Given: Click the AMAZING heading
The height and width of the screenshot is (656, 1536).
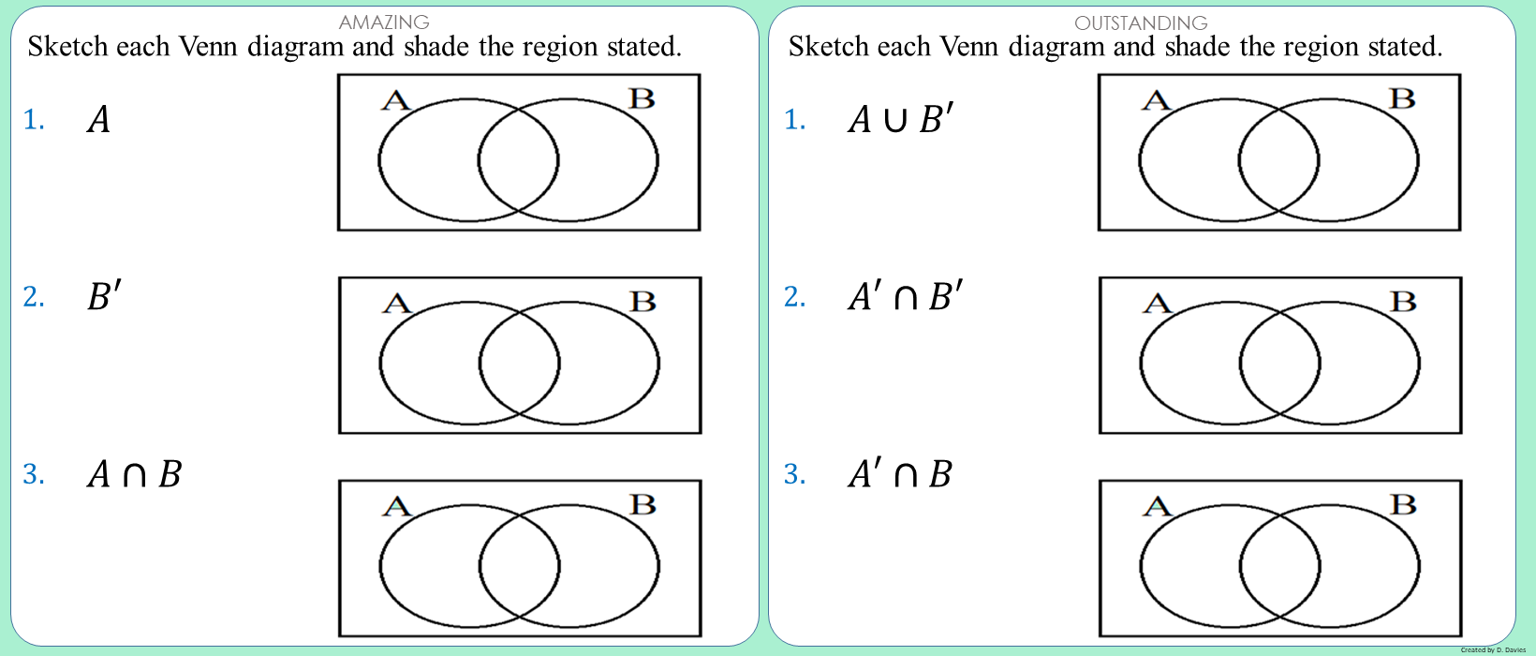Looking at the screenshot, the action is [x=384, y=22].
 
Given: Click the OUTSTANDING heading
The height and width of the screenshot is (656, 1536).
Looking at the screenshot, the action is [x=1141, y=22].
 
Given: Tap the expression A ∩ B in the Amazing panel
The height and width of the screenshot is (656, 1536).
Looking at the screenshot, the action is [x=134, y=474].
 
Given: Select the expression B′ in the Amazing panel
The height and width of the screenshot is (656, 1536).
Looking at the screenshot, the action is [x=104, y=296].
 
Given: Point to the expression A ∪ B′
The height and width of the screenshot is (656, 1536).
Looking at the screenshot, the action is [x=900, y=119].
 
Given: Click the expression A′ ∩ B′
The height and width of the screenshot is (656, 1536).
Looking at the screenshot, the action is [x=905, y=296].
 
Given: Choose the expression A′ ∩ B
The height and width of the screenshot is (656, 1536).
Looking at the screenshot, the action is [x=899, y=474].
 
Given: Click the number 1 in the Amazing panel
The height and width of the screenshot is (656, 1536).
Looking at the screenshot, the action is [x=34, y=120].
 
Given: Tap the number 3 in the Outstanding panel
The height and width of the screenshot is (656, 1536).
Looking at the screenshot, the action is [x=794, y=474].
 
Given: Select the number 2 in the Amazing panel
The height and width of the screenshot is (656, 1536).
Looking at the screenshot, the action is [x=34, y=297].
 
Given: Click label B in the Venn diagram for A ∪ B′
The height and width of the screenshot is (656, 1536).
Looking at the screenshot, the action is [x=1402, y=98].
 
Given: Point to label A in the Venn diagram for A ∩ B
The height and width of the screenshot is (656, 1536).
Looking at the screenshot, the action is [x=397, y=507].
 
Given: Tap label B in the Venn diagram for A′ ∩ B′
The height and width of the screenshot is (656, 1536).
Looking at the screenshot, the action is [x=1403, y=302].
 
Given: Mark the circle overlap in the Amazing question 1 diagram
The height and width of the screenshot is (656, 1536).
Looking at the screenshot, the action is [x=519, y=160].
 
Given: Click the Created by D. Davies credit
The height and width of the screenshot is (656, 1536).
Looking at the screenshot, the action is [x=1493, y=649].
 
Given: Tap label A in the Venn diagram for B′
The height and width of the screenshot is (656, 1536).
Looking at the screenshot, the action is [x=397, y=304].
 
